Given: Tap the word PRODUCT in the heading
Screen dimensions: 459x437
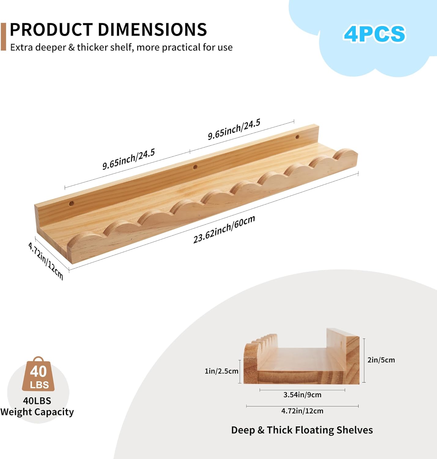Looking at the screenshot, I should coord(51,30).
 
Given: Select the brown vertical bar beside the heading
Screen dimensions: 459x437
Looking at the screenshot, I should coord(3,36).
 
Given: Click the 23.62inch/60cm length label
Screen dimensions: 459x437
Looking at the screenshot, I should coord(224,229).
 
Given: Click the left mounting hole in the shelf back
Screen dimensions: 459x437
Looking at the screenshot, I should coord(71,203).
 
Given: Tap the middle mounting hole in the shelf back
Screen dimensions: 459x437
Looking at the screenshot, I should coord(195,167).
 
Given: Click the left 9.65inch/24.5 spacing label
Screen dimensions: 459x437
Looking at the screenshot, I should coord(128,159).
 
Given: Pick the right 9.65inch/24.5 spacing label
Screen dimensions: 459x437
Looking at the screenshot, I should coord(234,129).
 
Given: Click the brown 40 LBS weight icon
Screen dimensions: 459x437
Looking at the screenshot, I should coord(38,375).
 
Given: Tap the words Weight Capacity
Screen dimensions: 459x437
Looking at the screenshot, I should coord(37,412).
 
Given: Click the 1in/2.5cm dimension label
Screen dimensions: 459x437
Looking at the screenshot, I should coord(221,371).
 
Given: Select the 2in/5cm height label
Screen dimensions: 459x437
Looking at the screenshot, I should coord(381,360).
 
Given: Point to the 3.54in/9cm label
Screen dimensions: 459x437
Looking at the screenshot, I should coord(302,395).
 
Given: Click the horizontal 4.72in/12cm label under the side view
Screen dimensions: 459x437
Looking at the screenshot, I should coord(302,411).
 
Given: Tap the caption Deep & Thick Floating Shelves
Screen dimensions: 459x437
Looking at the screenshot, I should coord(302,430).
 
